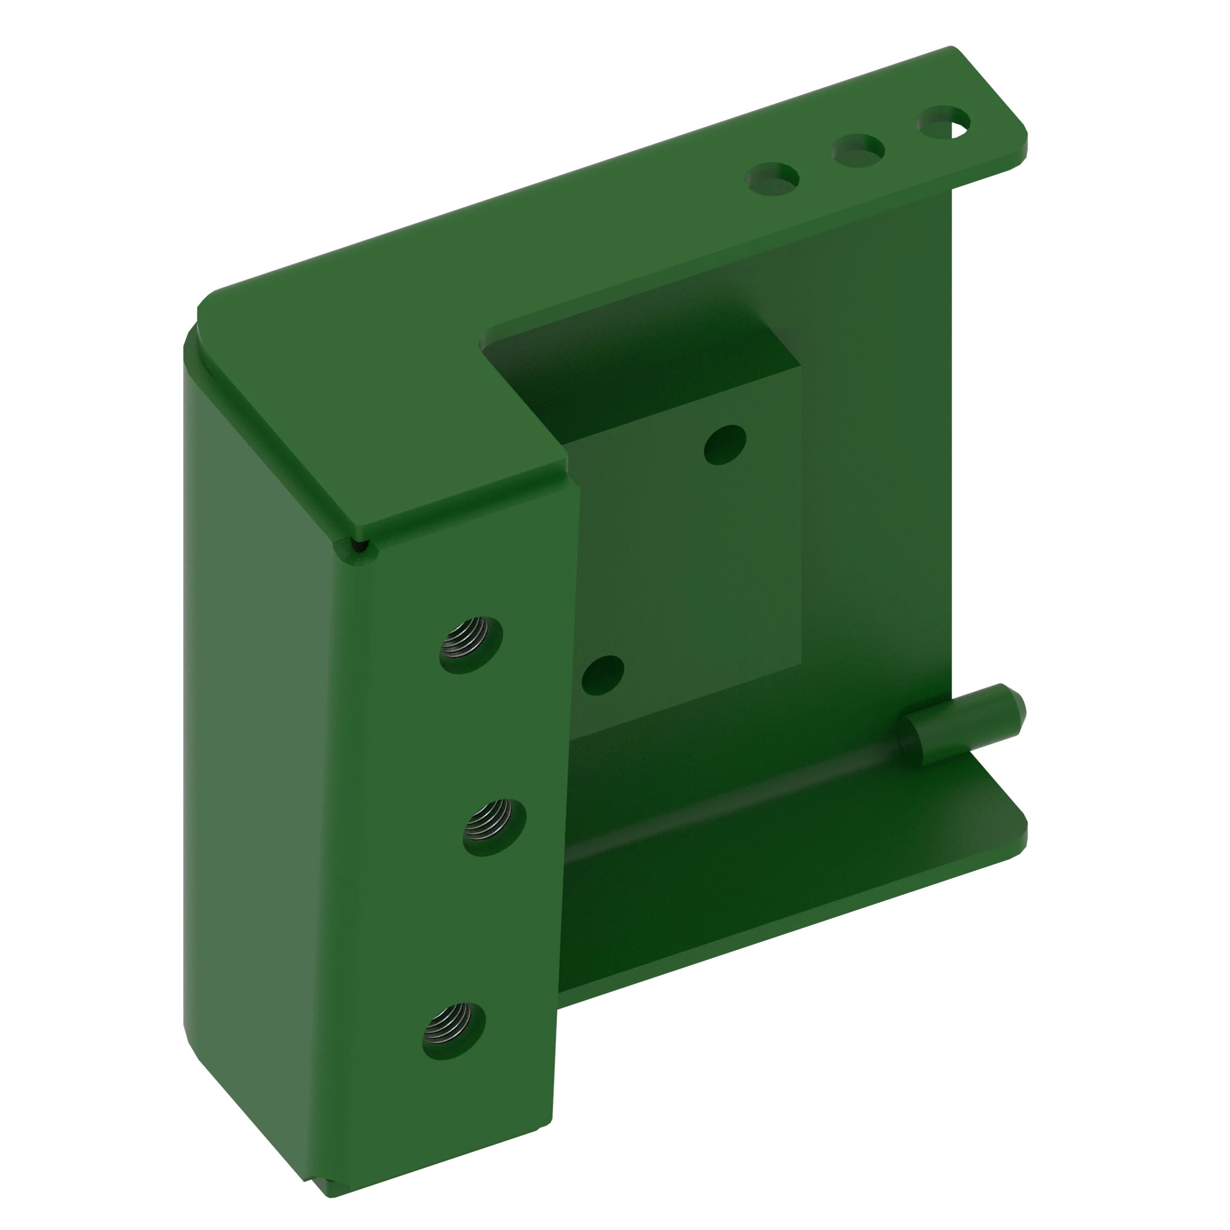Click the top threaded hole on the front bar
pos(471,645)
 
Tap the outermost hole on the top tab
pos(943,122)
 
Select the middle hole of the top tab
pos(857,150)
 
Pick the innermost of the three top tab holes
pos(772,179)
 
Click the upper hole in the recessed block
pos(725,445)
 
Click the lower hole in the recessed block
pos(602,675)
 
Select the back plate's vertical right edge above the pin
pos(953,446)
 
